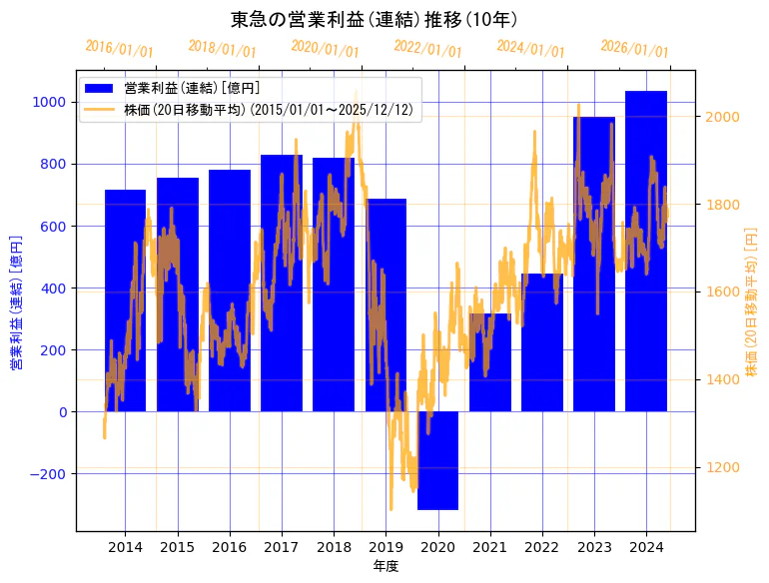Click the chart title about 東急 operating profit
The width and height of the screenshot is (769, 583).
pyautogui.click(x=374, y=19)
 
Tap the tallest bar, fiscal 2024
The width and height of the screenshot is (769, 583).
pyautogui.click(x=646, y=250)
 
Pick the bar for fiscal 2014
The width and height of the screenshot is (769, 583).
pyautogui.click(x=125, y=299)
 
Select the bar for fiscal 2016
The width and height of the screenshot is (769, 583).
pyautogui.click(x=230, y=290)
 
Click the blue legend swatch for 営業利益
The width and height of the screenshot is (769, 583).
pyautogui.click(x=100, y=88)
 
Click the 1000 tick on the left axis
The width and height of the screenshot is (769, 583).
pyautogui.click(x=50, y=102)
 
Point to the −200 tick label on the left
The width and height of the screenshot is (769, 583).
pyautogui.click(x=46, y=474)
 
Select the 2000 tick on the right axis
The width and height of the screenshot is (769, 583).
pyautogui.click(x=721, y=117)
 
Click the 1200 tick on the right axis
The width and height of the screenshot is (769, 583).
pyautogui.click(x=721, y=467)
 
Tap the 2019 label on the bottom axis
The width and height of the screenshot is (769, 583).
pyautogui.click(x=385, y=547)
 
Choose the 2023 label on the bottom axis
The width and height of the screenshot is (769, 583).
pyautogui.click(x=594, y=547)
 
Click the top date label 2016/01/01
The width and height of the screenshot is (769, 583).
pyautogui.click(x=119, y=49)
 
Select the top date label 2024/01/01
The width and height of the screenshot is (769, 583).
pyautogui.click(x=530, y=49)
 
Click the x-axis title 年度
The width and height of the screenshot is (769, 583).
pyautogui.click(x=385, y=566)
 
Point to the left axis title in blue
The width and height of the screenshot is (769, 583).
pyautogui.click(x=16, y=303)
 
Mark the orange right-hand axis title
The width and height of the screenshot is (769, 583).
pyautogui.click(x=751, y=301)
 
